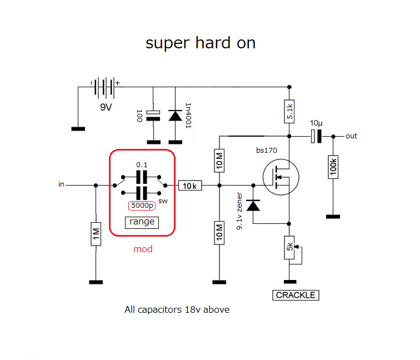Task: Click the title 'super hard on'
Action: coord(201,43)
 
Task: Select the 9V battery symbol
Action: coord(105,87)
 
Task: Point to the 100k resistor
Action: coord(333,167)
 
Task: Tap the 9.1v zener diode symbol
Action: coord(253,206)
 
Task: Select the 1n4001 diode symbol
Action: coord(176,116)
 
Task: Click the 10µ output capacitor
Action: coord(316,136)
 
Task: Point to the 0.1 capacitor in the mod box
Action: coord(142,177)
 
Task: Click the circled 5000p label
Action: coord(142,205)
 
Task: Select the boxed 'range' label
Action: coord(142,222)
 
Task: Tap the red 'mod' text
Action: coord(143,249)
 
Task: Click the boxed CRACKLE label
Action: coord(297,295)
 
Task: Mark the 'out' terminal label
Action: coord(351,136)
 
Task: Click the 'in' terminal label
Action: coord(61,184)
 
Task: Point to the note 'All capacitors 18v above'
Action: coord(177,309)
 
